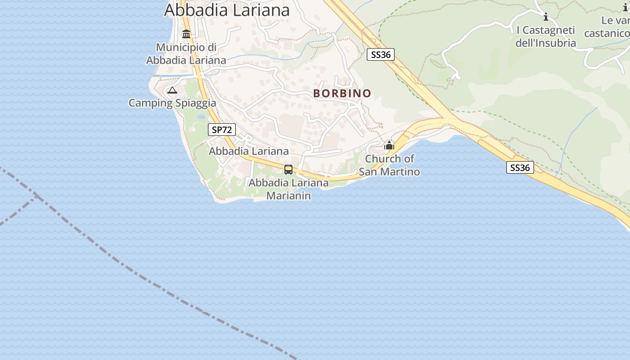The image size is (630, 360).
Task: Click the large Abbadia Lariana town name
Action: pyautogui.click(x=227, y=10)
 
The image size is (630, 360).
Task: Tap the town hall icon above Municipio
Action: pyautogui.click(x=186, y=34)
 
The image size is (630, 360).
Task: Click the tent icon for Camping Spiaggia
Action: pyautogui.click(x=172, y=90)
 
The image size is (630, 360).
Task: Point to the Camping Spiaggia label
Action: pyautogui.click(x=172, y=103)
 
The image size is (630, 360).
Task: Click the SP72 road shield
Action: pyautogui.click(x=222, y=130)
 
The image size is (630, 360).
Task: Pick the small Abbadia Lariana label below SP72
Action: pyautogui.click(x=248, y=151)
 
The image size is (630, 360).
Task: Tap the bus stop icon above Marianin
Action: pyautogui.click(x=288, y=170)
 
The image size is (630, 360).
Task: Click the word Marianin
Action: pyautogui.click(x=288, y=196)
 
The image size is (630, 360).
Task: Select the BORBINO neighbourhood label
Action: pyautogui.click(x=342, y=93)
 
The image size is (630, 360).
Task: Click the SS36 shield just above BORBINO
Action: pyautogui.click(x=380, y=55)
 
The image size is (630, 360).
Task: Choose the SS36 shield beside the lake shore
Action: pyautogui.click(x=520, y=168)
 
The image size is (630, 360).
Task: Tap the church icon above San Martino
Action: pyautogui.click(x=389, y=145)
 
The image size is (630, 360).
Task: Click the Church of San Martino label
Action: pyautogui.click(x=389, y=165)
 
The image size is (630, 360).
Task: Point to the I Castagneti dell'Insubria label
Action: pyautogui.click(x=546, y=36)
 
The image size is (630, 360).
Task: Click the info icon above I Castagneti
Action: pyautogui.click(x=546, y=17)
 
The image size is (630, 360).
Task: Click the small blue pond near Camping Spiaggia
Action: pyautogui.click(x=201, y=117)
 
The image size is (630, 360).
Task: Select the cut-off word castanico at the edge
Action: pyautogui.click(x=607, y=33)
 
